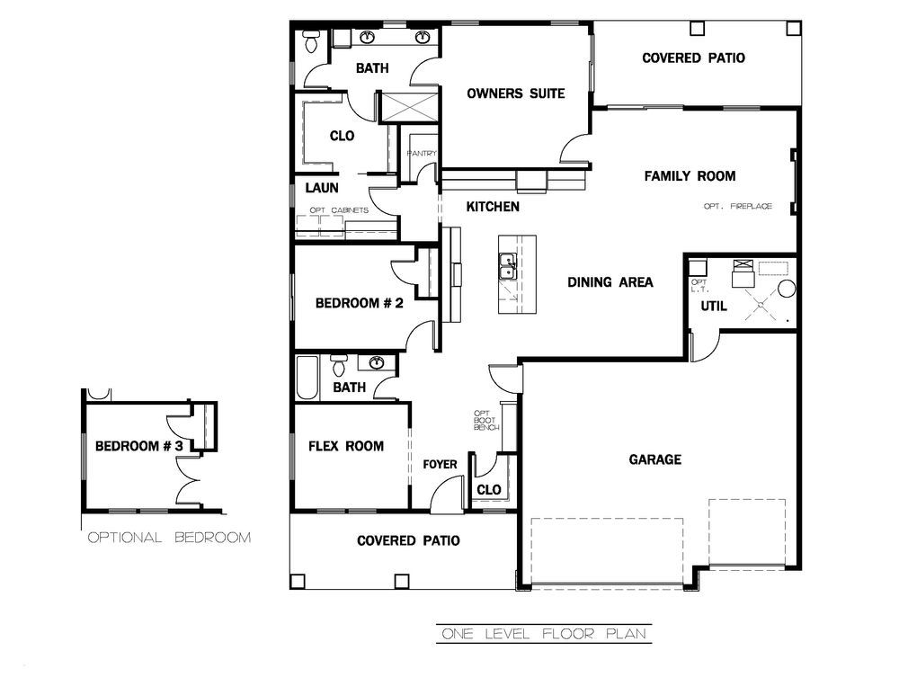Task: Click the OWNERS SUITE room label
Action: click(x=515, y=94)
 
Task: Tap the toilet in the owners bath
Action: click(x=311, y=41)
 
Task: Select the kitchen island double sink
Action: click(x=507, y=267)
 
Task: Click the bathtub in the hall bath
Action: click(x=307, y=379)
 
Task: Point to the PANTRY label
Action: click(x=422, y=153)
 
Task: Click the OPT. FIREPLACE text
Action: click(x=738, y=206)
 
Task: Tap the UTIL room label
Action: click(x=714, y=307)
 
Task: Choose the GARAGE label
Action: click(x=655, y=459)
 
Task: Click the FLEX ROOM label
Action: click(x=346, y=446)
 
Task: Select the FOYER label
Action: click(x=440, y=465)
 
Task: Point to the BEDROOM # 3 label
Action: click(x=138, y=446)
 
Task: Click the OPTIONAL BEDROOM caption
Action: click(x=169, y=538)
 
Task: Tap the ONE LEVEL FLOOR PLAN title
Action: click(x=544, y=634)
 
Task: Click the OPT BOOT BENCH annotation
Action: click(x=486, y=420)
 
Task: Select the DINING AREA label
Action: click(x=610, y=282)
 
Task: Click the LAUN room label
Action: click(x=322, y=188)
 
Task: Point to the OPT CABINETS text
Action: click(x=339, y=210)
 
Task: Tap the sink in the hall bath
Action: click(x=377, y=362)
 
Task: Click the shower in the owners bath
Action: click(x=409, y=106)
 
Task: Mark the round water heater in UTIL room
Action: click(x=787, y=289)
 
